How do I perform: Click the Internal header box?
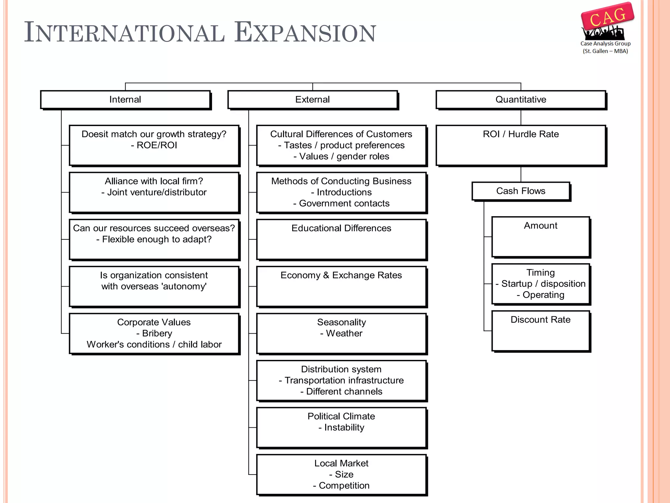point(125,100)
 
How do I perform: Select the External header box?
point(312,100)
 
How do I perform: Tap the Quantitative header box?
point(521,100)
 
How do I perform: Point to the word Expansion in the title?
point(305,33)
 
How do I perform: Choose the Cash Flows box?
point(521,191)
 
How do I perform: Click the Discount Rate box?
point(540,331)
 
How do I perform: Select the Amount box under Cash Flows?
point(540,237)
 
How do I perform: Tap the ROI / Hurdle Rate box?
point(521,145)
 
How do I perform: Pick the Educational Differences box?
point(341,239)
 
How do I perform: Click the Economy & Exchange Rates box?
point(341,287)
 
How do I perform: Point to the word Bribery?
point(157,333)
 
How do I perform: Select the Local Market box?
point(341,474)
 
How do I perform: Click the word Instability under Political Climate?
point(344,427)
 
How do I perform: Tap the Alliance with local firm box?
point(154,192)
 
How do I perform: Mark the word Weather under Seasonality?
point(344,333)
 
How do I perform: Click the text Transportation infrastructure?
point(344,381)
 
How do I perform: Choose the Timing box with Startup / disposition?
point(540,284)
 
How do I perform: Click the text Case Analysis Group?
point(605,44)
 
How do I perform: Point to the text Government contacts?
point(344,203)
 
